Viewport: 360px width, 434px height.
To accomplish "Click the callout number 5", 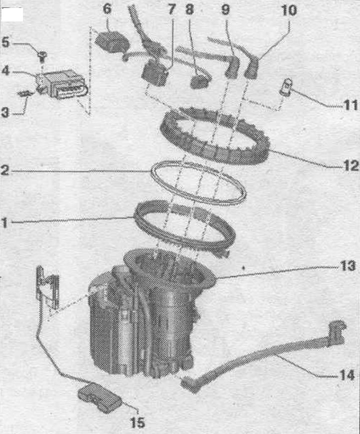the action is (x=5, y=42).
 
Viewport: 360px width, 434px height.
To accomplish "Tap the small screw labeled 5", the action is (x=42, y=56).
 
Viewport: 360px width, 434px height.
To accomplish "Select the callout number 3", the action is (x=4, y=112).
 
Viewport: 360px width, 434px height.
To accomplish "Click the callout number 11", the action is (x=350, y=105).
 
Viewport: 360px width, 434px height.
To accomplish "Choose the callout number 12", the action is (x=351, y=166).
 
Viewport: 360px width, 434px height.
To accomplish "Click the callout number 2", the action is (x=4, y=170).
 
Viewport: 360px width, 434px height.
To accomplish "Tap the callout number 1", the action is (x=4, y=223).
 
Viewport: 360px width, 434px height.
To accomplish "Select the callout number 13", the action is (x=348, y=266).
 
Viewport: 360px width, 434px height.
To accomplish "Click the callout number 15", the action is (x=137, y=423).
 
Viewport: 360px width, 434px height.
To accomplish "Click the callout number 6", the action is (x=107, y=9).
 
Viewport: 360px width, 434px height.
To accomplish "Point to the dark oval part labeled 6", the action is (x=112, y=42).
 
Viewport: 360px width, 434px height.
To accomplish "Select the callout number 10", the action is (x=289, y=10).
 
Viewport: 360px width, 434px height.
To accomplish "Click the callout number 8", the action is (x=189, y=9).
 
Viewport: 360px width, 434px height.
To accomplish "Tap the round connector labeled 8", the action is (x=200, y=81).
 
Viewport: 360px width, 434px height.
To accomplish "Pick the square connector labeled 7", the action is (x=154, y=73).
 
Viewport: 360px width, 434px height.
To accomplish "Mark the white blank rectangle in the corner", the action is (x=12, y=14).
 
